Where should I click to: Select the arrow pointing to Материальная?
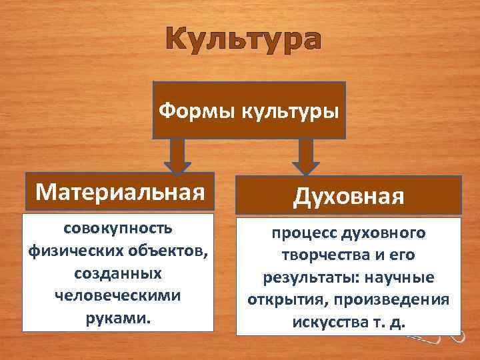[177, 155]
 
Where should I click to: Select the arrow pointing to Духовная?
[306, 156]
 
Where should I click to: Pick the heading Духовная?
[347, 197]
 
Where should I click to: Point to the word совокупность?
[118, 228]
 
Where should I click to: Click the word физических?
[72, 251]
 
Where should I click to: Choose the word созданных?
[118, 273]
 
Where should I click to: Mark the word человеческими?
[118, 295]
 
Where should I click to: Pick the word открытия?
[279, 299]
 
